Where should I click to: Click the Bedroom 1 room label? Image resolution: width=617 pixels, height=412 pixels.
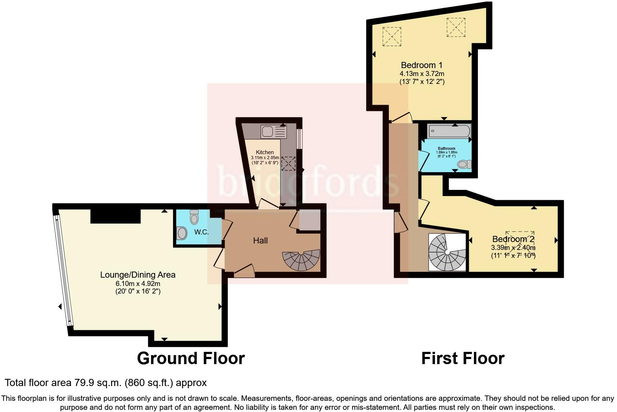pos(421,65)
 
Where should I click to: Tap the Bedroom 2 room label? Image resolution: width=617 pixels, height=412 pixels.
pos(513,239)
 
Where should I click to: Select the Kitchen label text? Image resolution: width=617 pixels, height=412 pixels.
pos(265,152)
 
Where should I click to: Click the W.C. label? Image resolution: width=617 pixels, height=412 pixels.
pos(201,232)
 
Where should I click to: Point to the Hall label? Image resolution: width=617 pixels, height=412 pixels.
pos(260,241)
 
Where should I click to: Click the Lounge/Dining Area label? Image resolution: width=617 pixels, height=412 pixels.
pos(138,275)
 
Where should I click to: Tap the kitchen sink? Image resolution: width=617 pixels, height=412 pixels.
pos(267,132)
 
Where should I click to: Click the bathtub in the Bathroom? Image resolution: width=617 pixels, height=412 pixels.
pos(449,131)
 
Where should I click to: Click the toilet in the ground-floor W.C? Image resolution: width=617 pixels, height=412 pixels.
pos(194,217)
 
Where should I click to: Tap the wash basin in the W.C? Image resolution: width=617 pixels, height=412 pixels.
pos(182,233)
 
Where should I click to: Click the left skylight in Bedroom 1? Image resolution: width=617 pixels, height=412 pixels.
pos(391,36)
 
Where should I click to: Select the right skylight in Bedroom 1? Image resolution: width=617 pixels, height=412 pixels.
pos(456,27)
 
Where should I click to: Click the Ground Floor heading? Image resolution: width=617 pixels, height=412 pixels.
pos(191,358)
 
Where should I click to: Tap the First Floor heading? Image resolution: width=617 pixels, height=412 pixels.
pos(463,358)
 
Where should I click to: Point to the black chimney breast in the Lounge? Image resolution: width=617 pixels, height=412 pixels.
pos(115,216)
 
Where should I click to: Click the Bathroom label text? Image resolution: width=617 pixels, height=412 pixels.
pos(447,148)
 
